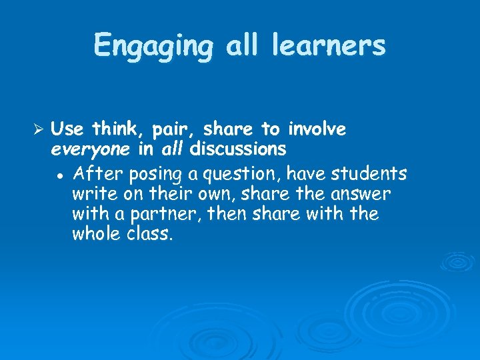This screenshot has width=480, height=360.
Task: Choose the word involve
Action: point(317,128)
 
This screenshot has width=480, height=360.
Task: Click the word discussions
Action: point(238,147)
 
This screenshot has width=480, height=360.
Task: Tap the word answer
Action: point(363,194)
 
